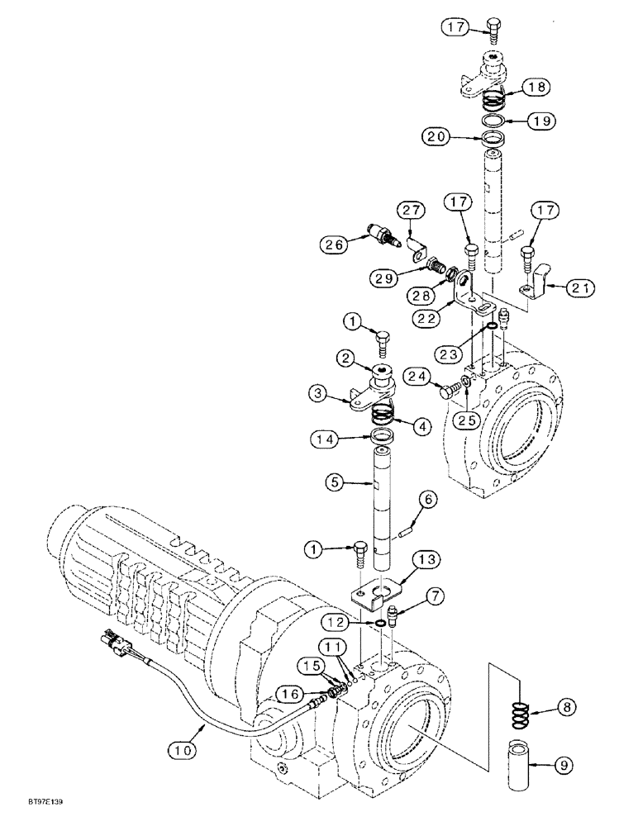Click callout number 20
click(439, 136)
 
